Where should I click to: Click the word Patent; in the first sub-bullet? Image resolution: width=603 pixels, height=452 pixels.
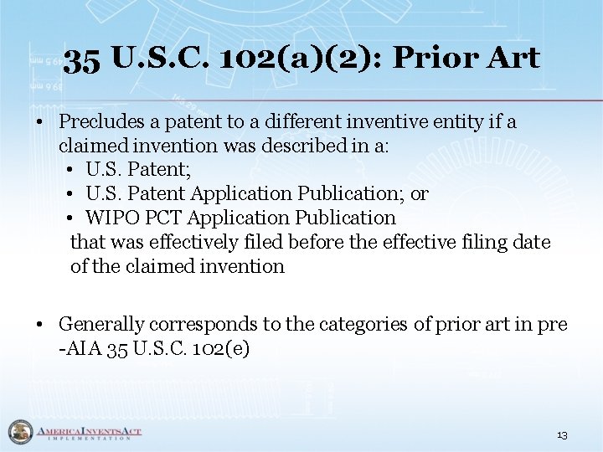[160, 170]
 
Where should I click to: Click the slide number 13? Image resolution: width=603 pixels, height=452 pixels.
[562, 435]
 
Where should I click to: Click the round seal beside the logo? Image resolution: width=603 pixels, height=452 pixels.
[19, 432]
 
